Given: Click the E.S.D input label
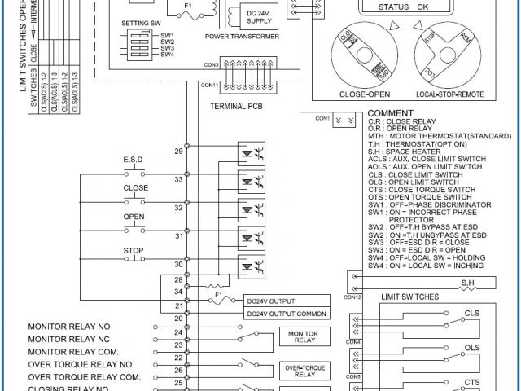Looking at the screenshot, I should tap(134, 158).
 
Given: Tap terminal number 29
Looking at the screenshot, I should tap(177, 152).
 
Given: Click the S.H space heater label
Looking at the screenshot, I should tap(469, 283).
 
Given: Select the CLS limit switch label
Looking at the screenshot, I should tap(471, 313).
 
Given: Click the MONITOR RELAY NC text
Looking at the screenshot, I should tap(68, 338).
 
